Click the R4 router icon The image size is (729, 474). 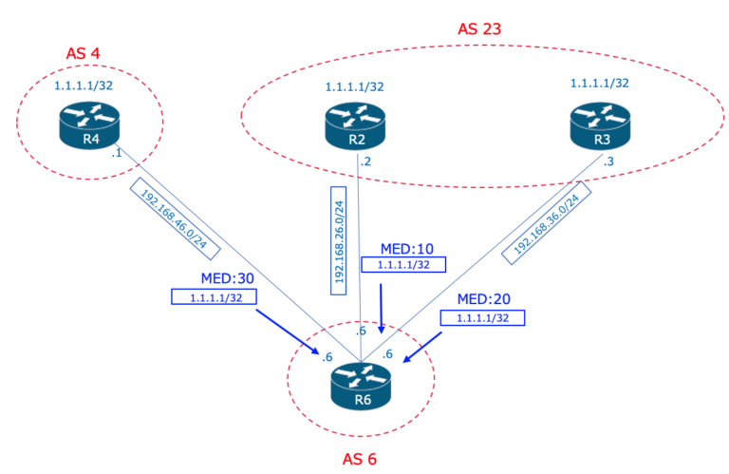pos(90,126)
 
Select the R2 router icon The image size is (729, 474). pos(356,126)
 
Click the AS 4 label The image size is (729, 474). pos(84,52)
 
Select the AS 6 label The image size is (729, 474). pos(360,460)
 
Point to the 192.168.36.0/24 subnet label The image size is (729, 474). pos(553,224)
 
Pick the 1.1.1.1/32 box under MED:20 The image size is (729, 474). pos(482,318)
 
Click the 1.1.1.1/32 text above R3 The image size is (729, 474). pos(599,84)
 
